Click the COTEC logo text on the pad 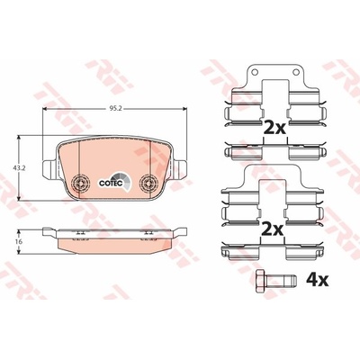tap(110, 183)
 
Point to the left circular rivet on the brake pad tap(81, 182)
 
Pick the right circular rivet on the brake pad tap(148, 182)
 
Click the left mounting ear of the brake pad tap(49, 168)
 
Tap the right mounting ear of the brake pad tap(180, 168)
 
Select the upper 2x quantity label tap(274, 128)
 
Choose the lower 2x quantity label tap(272, 230)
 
